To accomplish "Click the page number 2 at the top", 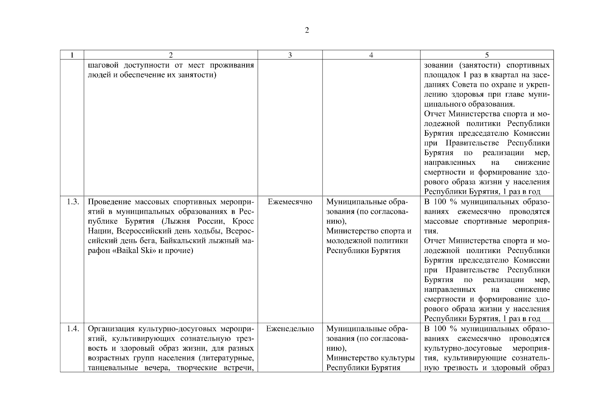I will click(307, 30).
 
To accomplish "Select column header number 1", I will click(72, 55).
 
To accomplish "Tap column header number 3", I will click(290, 55).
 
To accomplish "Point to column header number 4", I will click(371, 55).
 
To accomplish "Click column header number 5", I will click(487, 55).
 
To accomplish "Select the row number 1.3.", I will click(73, 202).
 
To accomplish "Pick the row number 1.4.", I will click(73, 329).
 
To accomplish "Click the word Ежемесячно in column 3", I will click(290, 202).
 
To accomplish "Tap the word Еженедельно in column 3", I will click(290, 329).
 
